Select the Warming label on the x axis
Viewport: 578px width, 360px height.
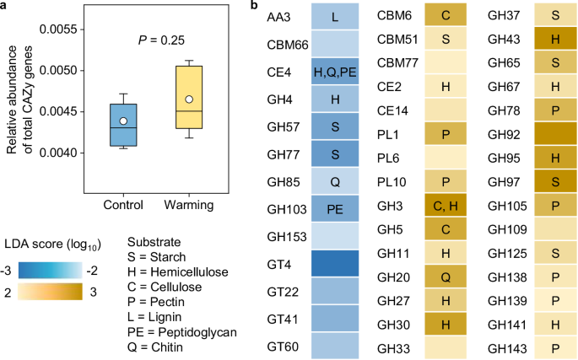(189, 204)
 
